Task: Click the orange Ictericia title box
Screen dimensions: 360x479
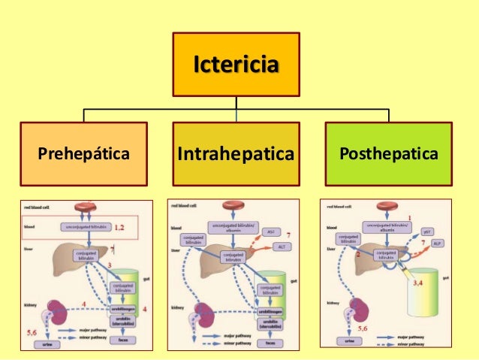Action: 236,64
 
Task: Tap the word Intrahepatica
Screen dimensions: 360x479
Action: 236,154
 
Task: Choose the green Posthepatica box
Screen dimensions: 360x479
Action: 389,154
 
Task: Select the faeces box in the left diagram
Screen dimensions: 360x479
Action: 123,340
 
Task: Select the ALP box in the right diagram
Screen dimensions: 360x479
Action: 437,244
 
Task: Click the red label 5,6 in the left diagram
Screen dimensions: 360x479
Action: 32,331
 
